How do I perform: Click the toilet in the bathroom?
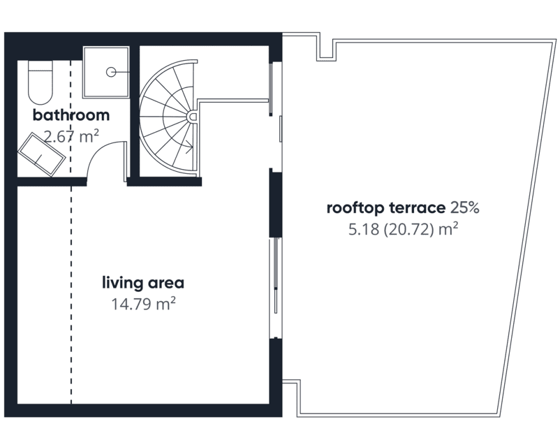pyautogui.click(x=40, y=82)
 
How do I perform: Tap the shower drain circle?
pyautogui.click(x=111, y=72)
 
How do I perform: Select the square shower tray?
pyautogui.click(x=105, y=72)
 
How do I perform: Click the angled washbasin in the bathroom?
pyautogui.click(x=42, y=154)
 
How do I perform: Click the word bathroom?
pyautogui.click(x=71, y=115)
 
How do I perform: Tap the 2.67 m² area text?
pyautogui.click(x=71, y=136)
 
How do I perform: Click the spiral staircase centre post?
pyautogui.click(x=192, y=117)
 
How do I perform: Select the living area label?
pyautogui.click(x=143, y=283)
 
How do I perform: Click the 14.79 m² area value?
pyautogui.click(x=144, y=304)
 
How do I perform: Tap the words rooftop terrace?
pyautogui.click(x=386, y=207)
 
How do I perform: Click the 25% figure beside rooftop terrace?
pyautogui.click(x=464, y=207)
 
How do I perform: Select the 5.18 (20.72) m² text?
pyautogui.click(x=403, y=229)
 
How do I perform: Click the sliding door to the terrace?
pyautogui.click(x=275, y=288)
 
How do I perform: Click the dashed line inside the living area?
pyautogui.click(x=71, y=295)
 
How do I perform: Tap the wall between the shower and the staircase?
pyautogui.click(x=134, y=112)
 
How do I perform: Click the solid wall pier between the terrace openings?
pyautogui.click(x=275, y=203)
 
